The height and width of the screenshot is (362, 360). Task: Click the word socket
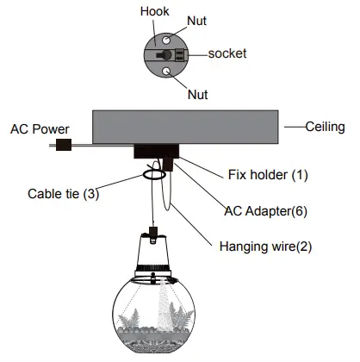pyautogui.click(x=227, y=53)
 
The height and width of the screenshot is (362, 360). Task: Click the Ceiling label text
pyautogui.click(x=325, y=127)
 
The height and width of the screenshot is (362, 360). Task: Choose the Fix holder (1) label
pyautogui.click(x=269, y=175)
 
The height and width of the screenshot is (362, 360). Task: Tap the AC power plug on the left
pyautogui.click(x=62, y=146)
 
